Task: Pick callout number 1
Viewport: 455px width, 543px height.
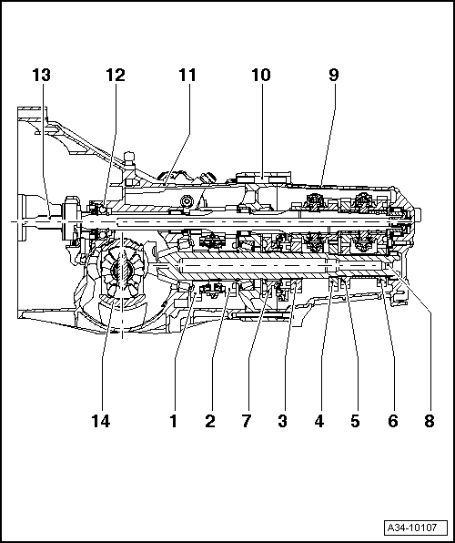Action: coord(174,422)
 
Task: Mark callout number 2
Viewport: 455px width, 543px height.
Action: coord(210,422)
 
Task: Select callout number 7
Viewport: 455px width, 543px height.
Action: coord(247,422)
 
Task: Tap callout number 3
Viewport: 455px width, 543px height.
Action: coord(283,422)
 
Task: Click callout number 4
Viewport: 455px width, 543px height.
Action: coord(319,422)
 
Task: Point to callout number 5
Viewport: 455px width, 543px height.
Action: coord(356,422)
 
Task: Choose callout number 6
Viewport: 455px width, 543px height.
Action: coord(392,422)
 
